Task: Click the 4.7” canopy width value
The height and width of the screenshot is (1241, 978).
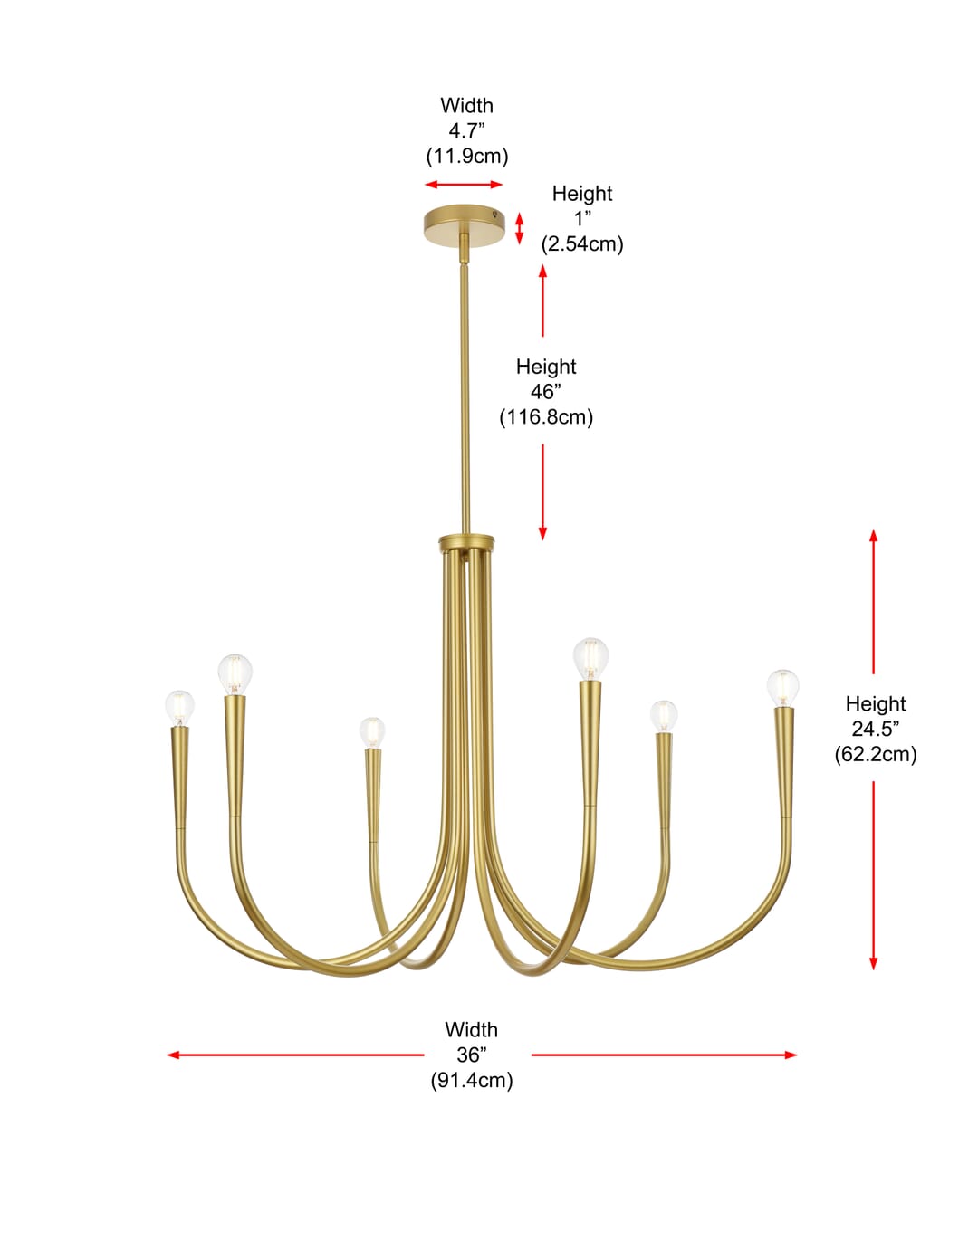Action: click(x=466, y=131)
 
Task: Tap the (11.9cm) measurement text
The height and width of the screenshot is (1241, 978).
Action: click(x=466, y=157)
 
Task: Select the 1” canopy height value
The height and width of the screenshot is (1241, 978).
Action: click(x=583, y=218)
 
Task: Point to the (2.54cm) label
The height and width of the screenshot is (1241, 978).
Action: click(x=582, y=243)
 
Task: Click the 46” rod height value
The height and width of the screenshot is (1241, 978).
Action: click(x=546, y=392)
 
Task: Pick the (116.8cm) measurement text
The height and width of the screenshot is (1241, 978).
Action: click(x=546, y=417)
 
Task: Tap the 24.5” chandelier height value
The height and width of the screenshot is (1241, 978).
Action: click(x=876, y=729)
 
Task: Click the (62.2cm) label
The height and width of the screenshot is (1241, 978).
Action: click(x=876, y=754)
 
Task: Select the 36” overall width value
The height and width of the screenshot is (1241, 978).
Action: click(x=472, y=1055)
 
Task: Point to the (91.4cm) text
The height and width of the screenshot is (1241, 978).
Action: click(x=472, y=1080)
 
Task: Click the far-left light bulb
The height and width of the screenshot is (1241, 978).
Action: click(x=179, y=708)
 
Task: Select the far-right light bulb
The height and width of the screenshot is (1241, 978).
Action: click(x=782, y=688)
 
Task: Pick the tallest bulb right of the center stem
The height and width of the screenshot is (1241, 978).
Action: click(x=590, y=659)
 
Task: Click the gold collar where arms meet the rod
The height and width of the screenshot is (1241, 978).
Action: click(x=466, y=542)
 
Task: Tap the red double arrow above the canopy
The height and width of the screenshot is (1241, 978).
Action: click(x=464, y=185)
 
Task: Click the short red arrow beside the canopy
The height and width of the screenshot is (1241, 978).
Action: click(x=519, y=228)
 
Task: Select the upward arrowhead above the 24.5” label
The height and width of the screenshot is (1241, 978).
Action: click(x=874, y=536)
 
